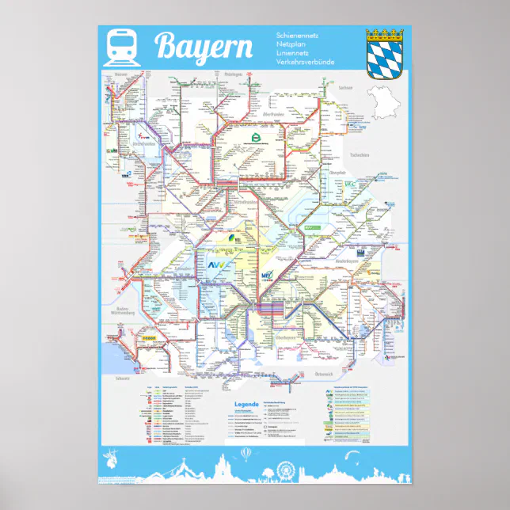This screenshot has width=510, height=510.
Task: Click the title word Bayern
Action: (204, 47)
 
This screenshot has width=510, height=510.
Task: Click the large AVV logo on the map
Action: (217, 265)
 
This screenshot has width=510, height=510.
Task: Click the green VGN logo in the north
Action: (256, 138)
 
